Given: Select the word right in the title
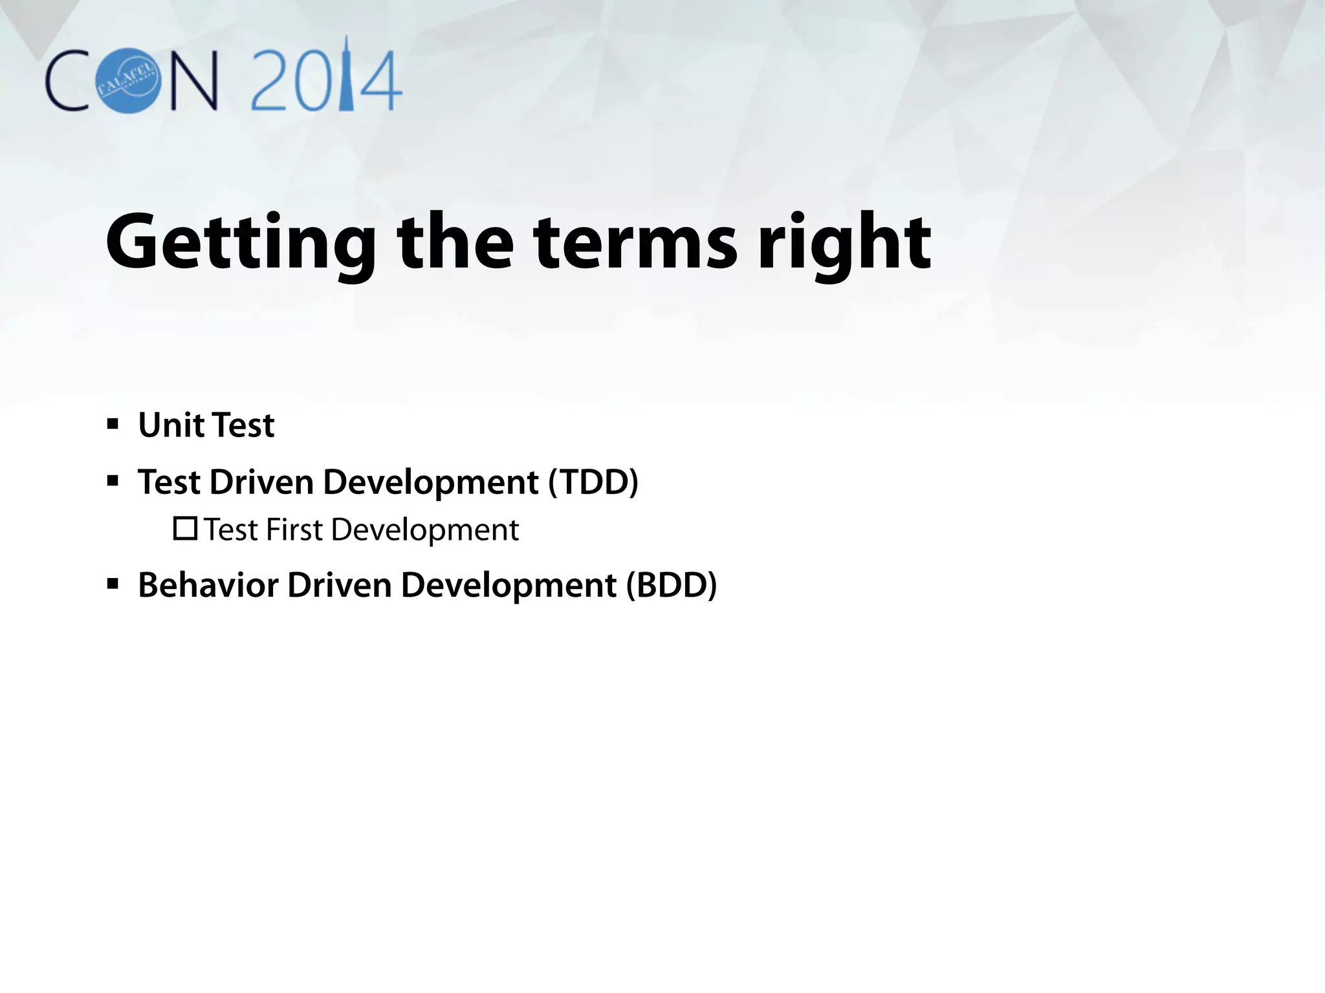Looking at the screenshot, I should [844, 244].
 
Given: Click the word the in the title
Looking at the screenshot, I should [455, 244].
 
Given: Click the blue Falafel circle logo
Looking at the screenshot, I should [128, 81].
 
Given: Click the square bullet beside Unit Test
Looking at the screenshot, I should [113, 425].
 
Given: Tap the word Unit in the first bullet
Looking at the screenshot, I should [171, 425].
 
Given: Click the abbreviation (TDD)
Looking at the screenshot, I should [593, 482].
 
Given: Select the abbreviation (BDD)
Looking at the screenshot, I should [672, 585].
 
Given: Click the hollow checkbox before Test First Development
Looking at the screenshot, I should [185, 529].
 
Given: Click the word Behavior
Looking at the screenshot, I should [209, 585].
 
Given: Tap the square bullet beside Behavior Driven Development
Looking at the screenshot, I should [113, 585].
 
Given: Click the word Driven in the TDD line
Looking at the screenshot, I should [261, 482].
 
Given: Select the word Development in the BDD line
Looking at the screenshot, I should [509, 586].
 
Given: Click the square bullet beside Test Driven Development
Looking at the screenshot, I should [113, 482].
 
